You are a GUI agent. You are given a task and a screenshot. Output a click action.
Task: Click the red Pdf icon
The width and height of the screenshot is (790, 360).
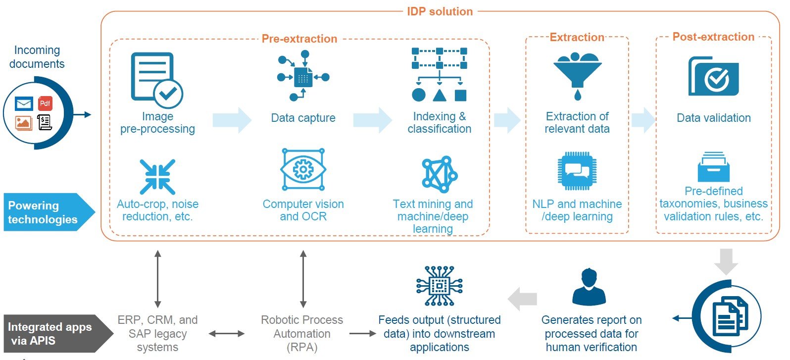45,103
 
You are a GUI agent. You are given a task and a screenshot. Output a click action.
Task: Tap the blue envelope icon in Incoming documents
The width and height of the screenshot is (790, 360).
24,104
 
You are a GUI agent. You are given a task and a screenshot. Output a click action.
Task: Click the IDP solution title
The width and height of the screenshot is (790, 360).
440,11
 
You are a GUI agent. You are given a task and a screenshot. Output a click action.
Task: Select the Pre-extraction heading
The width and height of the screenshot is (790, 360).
299,39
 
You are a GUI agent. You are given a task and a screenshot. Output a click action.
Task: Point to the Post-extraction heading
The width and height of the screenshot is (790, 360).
713,37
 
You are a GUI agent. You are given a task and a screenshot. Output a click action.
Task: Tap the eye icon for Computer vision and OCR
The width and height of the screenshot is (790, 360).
303,169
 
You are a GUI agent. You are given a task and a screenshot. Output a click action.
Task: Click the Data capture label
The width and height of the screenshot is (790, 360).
303,117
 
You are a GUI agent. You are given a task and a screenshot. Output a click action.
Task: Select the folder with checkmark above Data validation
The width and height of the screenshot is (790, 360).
713,76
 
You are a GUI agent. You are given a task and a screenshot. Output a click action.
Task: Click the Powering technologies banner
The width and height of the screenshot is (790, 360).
49,212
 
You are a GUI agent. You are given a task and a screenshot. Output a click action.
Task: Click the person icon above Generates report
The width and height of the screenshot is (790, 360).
589,287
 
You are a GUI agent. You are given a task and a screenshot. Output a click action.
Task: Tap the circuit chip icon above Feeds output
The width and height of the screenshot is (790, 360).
439,286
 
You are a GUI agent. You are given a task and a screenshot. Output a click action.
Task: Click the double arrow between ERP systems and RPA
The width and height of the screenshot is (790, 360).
226,334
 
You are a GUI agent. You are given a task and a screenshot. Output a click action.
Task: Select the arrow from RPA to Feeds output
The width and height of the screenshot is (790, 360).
362,334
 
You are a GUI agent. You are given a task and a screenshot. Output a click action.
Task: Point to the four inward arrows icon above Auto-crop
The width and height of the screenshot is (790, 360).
157,177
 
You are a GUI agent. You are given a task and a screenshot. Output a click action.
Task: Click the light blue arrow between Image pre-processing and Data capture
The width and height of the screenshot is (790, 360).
232,120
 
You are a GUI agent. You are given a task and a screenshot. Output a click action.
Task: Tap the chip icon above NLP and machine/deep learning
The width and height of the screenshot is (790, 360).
577,171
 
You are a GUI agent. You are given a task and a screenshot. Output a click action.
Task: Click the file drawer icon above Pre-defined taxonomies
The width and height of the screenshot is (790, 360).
713,166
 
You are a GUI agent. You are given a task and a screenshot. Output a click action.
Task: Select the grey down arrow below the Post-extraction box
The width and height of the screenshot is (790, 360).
726,261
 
